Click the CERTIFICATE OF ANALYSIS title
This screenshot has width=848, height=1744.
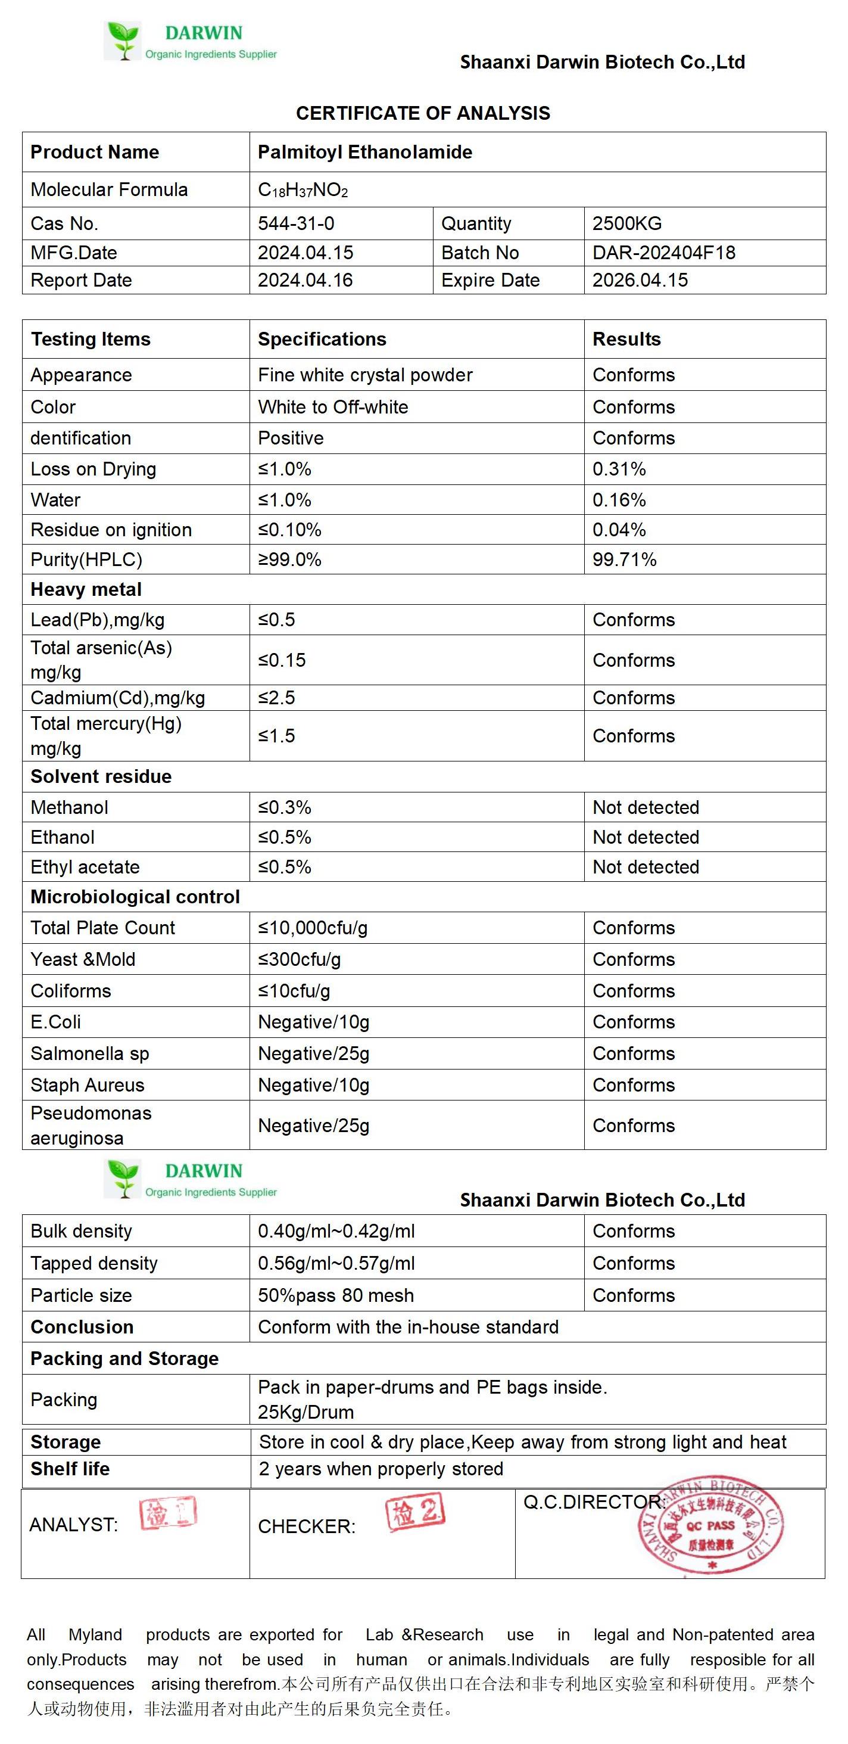click(x=423, y=113)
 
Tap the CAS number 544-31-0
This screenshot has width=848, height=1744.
click(x=296, y=223)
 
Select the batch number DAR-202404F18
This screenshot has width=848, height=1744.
click(x=663, y=253)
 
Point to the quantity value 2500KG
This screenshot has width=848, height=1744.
click(x=626, y=223)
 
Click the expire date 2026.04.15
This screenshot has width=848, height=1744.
click(x=640, y=280)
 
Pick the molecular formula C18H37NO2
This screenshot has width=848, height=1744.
click(x=303, y=190)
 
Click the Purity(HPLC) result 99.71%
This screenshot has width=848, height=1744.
click(x=624, y=559)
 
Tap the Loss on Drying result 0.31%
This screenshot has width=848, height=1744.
click(x=619, y=468)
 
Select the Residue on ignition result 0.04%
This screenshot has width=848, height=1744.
click(x=619, y=530)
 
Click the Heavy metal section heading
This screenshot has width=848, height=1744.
click(x=86, y=590)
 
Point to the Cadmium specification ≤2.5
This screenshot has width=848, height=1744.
click(x=276, y=698)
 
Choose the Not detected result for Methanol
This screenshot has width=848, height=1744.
click(x=646, y=807)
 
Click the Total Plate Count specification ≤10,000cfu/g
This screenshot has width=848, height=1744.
click(x=313, y=928)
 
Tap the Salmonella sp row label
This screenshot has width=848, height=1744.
click(x=89, y=1053)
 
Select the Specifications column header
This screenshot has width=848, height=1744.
click(x=322, y=339)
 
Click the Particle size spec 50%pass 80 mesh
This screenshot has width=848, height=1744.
click(x=336, y=1295)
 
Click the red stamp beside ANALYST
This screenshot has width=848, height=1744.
click(x=168, y=1513)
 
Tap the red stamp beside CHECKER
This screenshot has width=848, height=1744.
click(x=415, y=1512)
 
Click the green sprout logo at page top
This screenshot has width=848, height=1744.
click(x=123, y=40)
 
